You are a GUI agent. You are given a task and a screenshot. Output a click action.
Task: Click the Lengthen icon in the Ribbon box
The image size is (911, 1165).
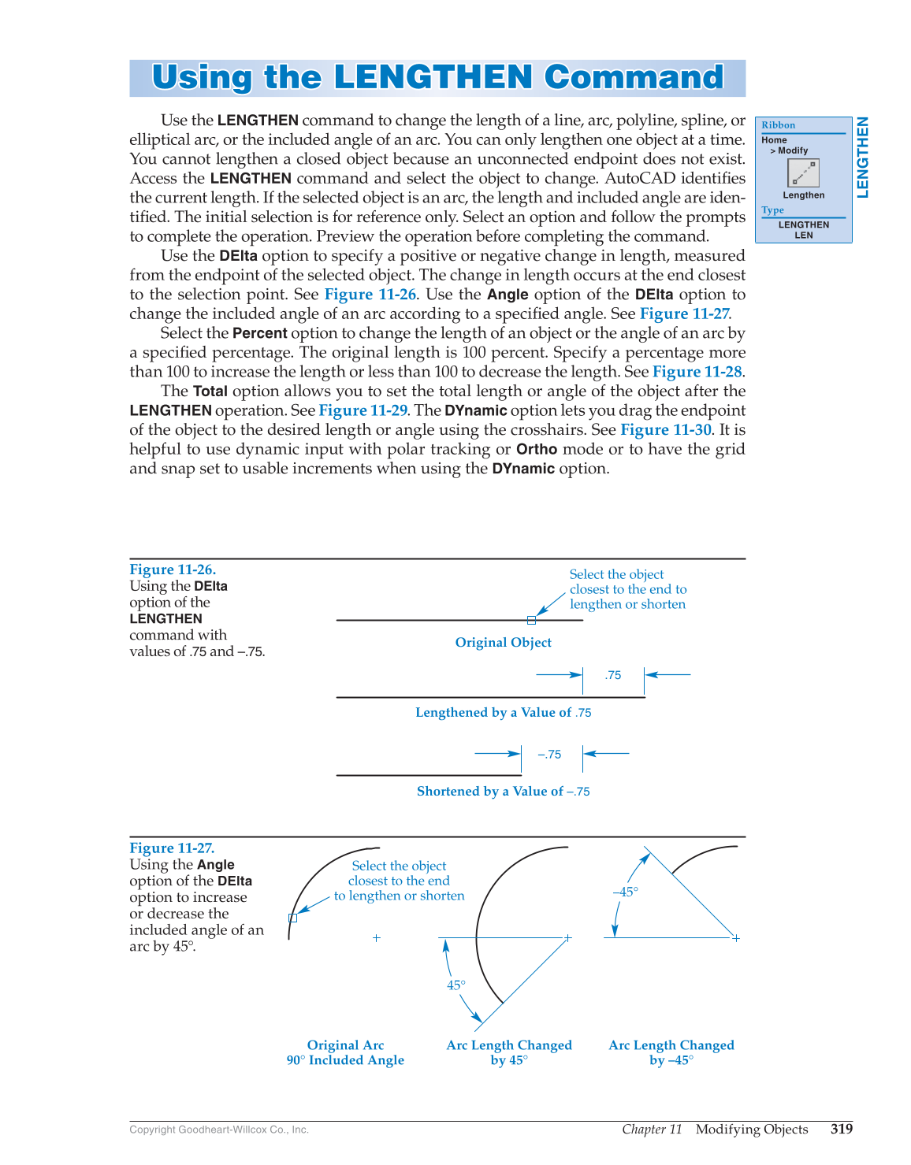click(803, 173)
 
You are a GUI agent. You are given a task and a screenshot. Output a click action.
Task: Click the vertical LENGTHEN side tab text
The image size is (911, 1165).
click(863, 158)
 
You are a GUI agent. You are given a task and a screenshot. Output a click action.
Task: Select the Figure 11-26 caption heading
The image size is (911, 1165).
click(173, 570)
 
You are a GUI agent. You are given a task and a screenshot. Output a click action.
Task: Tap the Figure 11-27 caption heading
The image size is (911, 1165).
click(172, 848)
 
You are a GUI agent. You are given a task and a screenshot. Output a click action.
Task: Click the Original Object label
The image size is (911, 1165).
click(503, 642)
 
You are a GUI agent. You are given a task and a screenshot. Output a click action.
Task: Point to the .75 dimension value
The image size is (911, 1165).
click(613, 675)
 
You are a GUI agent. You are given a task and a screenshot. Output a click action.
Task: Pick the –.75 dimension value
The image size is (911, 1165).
click(550, 755)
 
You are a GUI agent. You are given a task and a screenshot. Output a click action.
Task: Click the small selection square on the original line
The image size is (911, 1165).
click(531, 621)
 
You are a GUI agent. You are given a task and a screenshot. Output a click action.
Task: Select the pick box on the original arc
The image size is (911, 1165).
click(293, 918)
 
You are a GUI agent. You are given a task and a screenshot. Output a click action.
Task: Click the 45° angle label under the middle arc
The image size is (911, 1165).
click(456, 985)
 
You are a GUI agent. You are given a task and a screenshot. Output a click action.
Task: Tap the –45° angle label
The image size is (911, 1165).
click(625, 892)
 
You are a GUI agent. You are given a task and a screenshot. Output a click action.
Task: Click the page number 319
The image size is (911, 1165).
click(841, 1129)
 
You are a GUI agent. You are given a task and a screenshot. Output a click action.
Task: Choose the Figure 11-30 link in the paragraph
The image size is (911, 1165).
click(666, 429)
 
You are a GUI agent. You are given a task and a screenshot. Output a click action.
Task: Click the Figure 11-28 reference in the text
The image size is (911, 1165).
click(697, 371)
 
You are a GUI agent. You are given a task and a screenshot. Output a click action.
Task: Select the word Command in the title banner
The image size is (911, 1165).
click(634, 77)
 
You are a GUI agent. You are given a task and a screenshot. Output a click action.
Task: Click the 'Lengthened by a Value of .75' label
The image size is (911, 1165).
click(503, 712)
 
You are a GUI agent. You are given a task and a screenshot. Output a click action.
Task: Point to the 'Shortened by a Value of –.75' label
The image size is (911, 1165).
click(503, 791)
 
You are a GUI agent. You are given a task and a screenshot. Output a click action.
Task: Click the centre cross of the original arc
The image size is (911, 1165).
click(377, 937)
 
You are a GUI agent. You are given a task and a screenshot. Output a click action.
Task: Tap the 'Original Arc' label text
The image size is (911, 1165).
click(345, 1045)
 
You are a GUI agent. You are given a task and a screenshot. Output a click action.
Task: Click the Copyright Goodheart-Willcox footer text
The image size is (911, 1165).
click(219, 1130)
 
